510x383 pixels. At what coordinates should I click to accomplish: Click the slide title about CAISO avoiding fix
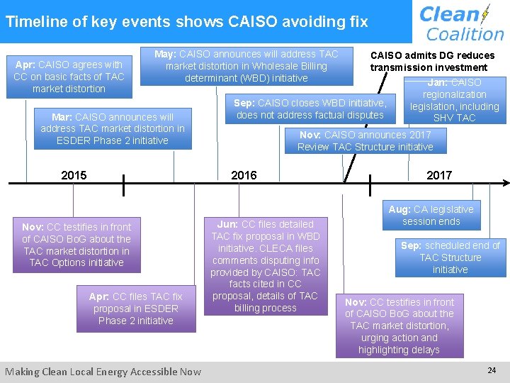[186, 21]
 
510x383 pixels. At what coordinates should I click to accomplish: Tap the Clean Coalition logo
[461, 23]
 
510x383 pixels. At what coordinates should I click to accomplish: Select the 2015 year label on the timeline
[74, 175]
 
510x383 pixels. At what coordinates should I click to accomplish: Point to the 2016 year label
[244, 175]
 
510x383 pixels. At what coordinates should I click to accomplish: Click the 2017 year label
[438, 175]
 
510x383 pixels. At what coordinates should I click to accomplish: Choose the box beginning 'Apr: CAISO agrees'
[69, 77]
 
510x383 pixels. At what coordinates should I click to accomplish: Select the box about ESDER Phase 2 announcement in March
[113, 128]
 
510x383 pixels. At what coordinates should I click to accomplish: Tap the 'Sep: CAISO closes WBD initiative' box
[310, 109]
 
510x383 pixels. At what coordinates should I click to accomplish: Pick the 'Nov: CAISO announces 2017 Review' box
[365, 140]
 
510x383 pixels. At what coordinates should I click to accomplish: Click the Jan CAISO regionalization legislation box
[455, 100]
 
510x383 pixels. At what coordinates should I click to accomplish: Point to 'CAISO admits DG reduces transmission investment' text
[431, 62]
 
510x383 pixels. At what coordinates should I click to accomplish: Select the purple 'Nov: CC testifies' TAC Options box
[76, 245]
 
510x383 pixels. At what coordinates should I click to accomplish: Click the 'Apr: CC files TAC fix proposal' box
[135, 309]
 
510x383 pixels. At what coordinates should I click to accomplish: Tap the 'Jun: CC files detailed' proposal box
[265, 266]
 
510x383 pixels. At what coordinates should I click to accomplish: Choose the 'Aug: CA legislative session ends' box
[431, 215]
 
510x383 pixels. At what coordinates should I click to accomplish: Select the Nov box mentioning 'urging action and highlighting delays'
[399, 326]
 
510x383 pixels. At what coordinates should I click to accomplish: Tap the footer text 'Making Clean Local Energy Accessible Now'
[103, 372]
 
